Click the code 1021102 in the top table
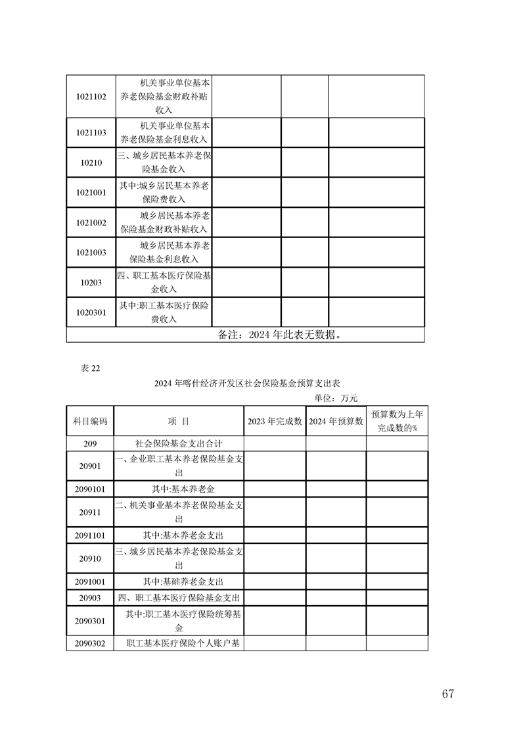pyautogui.click(x=91, y=96)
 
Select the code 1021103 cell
pyautogui.click(x=91, y=132)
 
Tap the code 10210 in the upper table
pyautogui.click(x=91, y=162)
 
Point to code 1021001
pyautogui.click(x=91, y=193)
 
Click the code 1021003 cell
pyautogui.click(x=91, y=253)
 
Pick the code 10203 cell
pyautogui.click(x=91, y=282)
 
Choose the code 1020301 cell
pyautogui.click(x=91, y=312)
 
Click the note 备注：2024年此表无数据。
pyautogui.click(x=279, y=335)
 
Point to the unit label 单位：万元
pyautogui.click(x=336, y=398)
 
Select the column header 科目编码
pyautogui.click(x=90, y=422)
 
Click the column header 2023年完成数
pyautogui.click(x=275, y=422)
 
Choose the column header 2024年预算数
pyautogui.click(x=336, y=422)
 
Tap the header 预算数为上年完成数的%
pyautogui.click(x=397, y=421)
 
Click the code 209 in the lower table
pyautogui.click(x=90, y=444)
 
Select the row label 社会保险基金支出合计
pyautogui.click(x=179, y=444)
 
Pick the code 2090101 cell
pyautogui.click(x=90, y=489)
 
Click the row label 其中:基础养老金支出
pyautogui.click(x=179, y=582)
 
